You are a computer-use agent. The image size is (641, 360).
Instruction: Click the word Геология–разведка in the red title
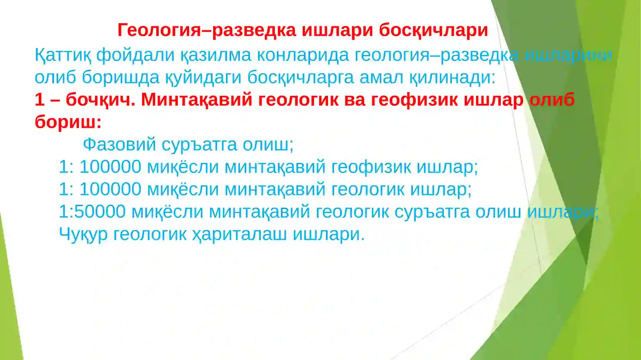207,30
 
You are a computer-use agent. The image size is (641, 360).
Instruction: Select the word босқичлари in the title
433,30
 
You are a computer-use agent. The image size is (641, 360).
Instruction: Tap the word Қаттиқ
63,55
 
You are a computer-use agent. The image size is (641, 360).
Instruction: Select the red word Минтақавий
196,100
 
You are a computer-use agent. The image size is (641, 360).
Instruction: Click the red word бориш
68,122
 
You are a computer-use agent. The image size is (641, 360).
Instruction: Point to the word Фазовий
119,145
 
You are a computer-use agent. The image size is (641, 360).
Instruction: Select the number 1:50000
92,211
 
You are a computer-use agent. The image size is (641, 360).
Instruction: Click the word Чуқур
83,234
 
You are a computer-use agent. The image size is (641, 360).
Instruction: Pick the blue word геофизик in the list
371,167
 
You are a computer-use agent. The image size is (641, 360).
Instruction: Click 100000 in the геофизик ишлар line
110,167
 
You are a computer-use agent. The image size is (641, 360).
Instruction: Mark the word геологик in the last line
149,234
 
